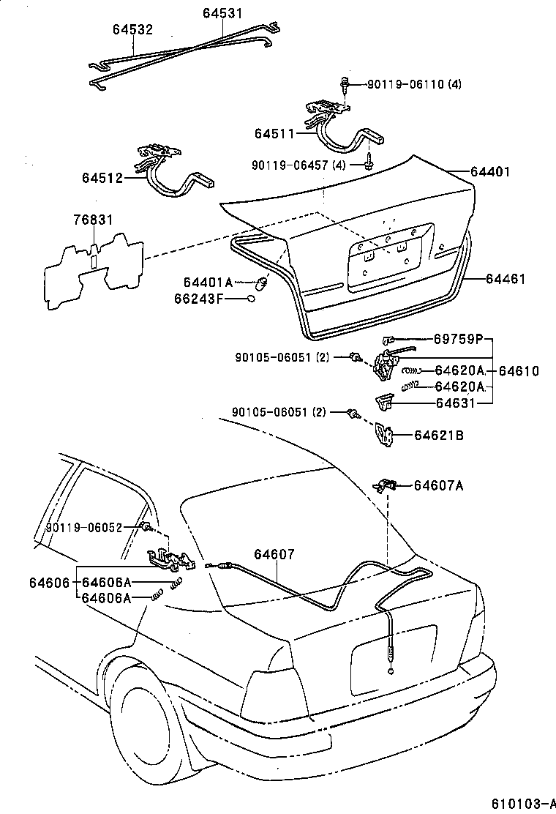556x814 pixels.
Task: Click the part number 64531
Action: (222, 13)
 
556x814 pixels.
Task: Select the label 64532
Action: (132, 29)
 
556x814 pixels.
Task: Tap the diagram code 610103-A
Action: (522, 803)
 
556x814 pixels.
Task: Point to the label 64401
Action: (489, 172)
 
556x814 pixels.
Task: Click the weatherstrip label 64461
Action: (506, 279)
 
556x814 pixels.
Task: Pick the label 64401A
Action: (207, 283)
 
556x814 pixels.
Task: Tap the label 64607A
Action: (439, 485)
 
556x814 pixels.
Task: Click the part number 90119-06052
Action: (83, 526)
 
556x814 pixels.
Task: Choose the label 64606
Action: (49, 583)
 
